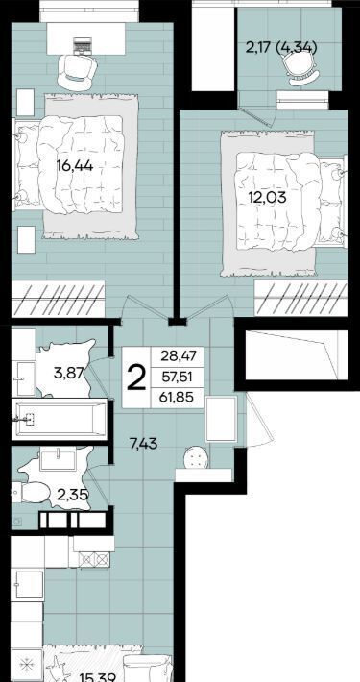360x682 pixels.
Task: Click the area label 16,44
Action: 75,165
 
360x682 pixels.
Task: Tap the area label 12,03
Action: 268,198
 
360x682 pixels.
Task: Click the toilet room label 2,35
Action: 74,495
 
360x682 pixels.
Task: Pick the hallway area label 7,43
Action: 144,444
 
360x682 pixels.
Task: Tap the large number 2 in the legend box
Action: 136,378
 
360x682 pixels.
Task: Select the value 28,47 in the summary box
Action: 176,356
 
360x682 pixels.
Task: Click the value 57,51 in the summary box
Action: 177,377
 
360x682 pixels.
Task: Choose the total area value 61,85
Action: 177,397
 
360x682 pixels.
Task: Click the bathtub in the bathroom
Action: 59,419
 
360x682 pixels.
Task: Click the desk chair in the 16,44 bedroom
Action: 77,71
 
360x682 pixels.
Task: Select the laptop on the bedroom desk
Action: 83,45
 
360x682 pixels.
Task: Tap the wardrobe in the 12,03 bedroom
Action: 300,299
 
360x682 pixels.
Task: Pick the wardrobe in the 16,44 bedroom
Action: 59,299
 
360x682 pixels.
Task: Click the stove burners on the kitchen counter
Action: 93,559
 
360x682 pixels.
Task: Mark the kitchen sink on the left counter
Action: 30,585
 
